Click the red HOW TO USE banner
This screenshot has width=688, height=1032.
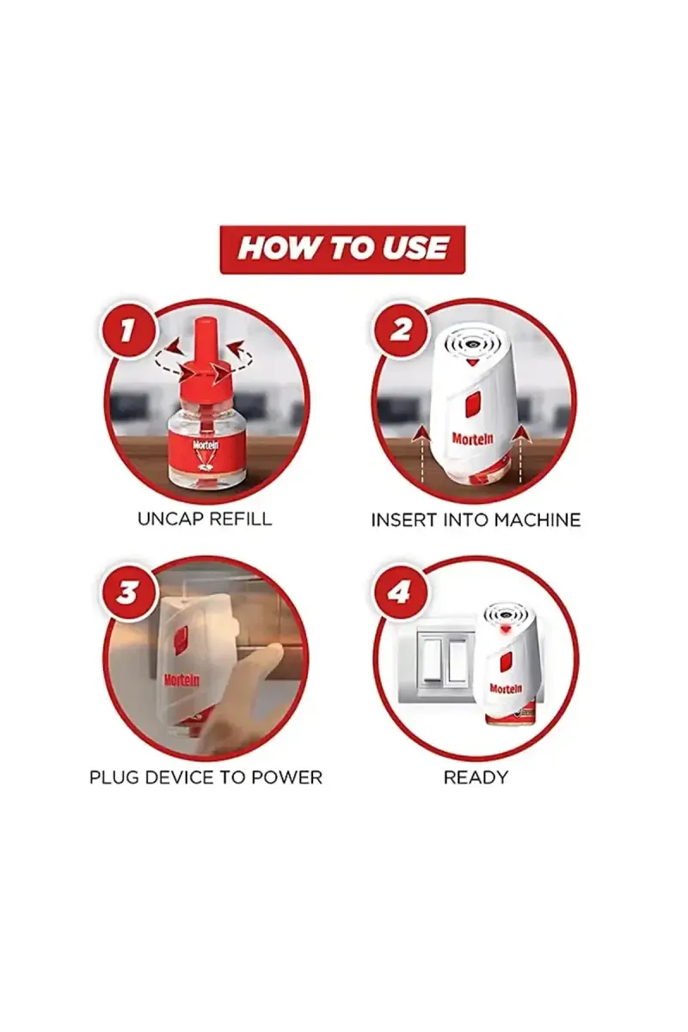[x=342, y=249]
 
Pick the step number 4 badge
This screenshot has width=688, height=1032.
[x=399, y=592]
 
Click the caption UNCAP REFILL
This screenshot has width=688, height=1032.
[x=205, y=519]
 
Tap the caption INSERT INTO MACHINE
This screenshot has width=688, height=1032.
[x=476, y=520]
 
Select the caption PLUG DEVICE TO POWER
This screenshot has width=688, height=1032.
[x=206, y=777]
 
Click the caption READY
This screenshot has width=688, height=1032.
[x=476, y=777]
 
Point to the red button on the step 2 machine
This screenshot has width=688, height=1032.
[x=472, y=404]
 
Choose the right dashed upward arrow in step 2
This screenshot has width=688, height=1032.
[x=522, y=454]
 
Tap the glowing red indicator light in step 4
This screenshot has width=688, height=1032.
[x=506, y=628]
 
